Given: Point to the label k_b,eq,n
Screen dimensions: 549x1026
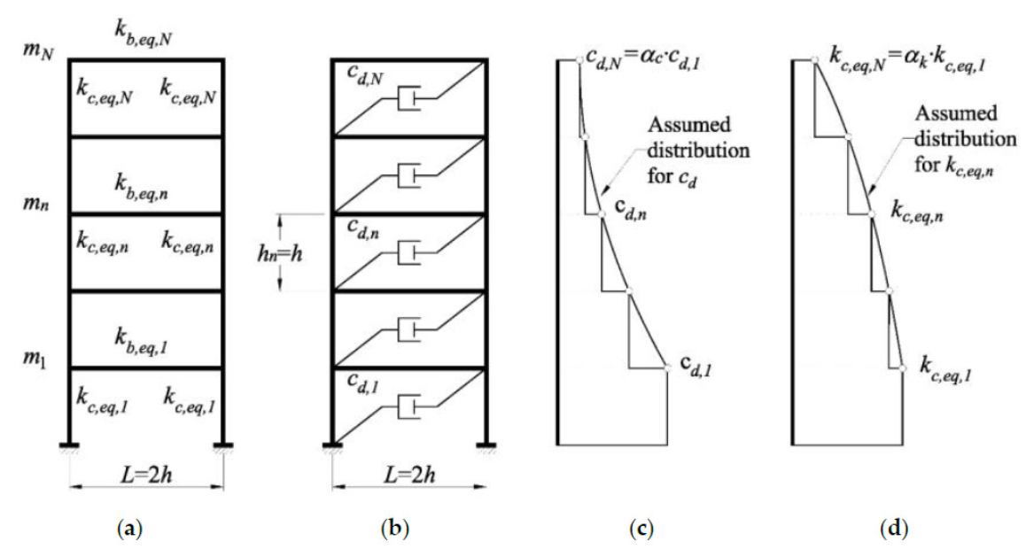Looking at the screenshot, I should click(x=146, y=182).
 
